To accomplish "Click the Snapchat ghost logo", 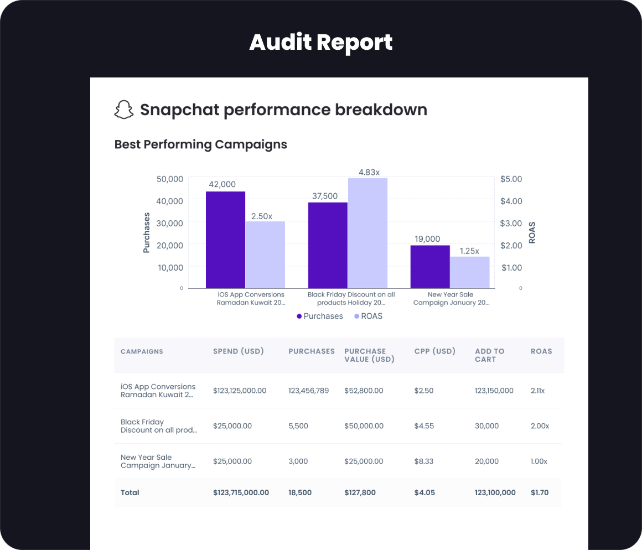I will coord(124,110).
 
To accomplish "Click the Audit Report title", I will coord(321,42).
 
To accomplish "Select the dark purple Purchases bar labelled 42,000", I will coord(225,240).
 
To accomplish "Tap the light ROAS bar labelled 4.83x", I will coord(367,233).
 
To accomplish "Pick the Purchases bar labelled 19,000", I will coord(430,267).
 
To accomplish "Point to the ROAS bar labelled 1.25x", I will coord(470,272).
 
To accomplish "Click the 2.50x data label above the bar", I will coord(262,216).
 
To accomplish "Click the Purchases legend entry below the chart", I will coord(320,316).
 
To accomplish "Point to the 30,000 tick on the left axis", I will coord(170,223).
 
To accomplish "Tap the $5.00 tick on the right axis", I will coord(511,179).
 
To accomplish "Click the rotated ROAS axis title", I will coord(532,232).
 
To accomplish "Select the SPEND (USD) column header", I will coord(239,351).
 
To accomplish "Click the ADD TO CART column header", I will coord(490,355).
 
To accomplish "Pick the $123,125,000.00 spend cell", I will coord(240,391).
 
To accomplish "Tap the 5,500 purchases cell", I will coord(298,426).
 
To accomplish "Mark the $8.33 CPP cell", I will coord(424,461).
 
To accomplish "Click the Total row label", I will coord(130,492).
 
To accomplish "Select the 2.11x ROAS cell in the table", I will coord(538,391).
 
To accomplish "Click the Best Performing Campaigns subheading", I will coord(200,144).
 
